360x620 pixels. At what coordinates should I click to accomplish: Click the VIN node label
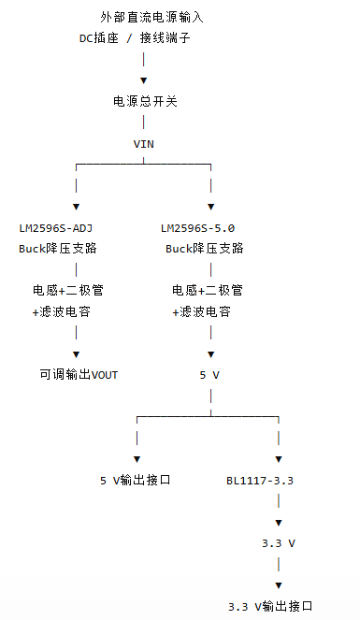point(143,144)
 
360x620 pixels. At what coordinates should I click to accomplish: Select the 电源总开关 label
point(145,102)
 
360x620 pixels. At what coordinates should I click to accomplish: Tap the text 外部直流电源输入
point(151,17)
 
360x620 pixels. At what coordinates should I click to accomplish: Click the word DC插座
point(99,38)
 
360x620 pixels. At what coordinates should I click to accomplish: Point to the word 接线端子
point(166,38)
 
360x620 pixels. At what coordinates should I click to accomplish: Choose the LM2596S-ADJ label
point(56,228)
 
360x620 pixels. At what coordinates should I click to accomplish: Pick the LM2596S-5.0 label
point(197,228)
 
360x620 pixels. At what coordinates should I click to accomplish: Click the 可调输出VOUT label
point(79,374)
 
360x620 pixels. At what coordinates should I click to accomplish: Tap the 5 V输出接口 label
point(136,480)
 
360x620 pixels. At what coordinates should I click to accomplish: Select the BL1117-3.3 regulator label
point(260,481)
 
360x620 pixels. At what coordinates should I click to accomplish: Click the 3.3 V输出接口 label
point(270,606)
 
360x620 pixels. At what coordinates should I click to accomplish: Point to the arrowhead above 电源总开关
point(143,80)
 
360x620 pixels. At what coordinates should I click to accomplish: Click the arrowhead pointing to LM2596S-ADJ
point(77,207)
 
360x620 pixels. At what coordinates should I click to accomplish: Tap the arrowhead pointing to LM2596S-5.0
point(211,207)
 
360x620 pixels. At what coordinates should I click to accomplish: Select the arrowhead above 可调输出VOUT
point(77,354)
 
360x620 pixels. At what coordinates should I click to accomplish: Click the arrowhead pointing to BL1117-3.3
point(279,459)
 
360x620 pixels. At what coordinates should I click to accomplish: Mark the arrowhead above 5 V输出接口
point(137,459)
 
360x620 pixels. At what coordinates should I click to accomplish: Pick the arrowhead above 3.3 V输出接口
point(279,585)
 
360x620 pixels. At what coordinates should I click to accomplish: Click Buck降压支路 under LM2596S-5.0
point(204,249)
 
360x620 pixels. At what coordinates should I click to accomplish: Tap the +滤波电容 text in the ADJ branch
point(62,312)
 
